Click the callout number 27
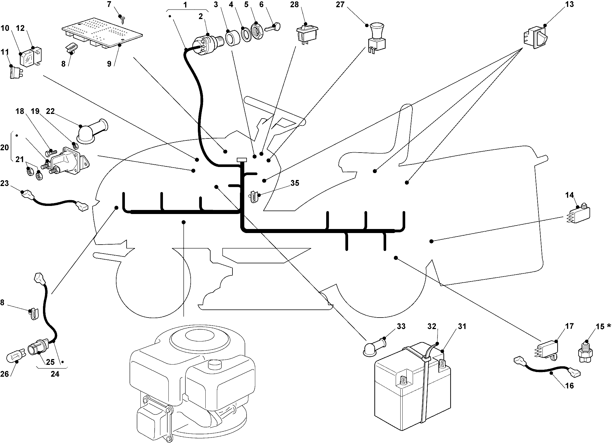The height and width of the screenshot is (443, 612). pyautogui.click(x=340, y=5)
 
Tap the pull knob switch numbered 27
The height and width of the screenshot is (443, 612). pyautogui.click(x=377, y=39)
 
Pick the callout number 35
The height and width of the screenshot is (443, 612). pyautogui.click(x=295, y=183)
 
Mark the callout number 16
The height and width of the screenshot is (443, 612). pyautogui.click(x=570, y=385)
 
